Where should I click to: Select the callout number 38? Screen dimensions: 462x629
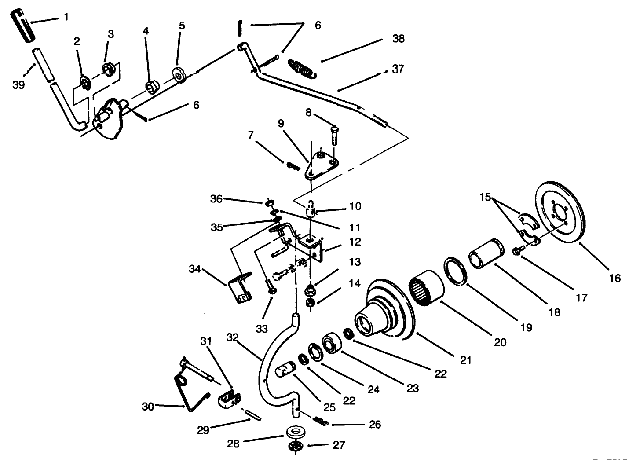click(398, 39)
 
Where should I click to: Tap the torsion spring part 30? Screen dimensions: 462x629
click(187, 387)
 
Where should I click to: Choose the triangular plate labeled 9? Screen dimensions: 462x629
click(321, 166)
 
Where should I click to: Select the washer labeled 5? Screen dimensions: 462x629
click(179, 74)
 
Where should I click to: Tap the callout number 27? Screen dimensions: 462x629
click(339, 445)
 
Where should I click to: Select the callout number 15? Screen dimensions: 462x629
click(486, 198)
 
